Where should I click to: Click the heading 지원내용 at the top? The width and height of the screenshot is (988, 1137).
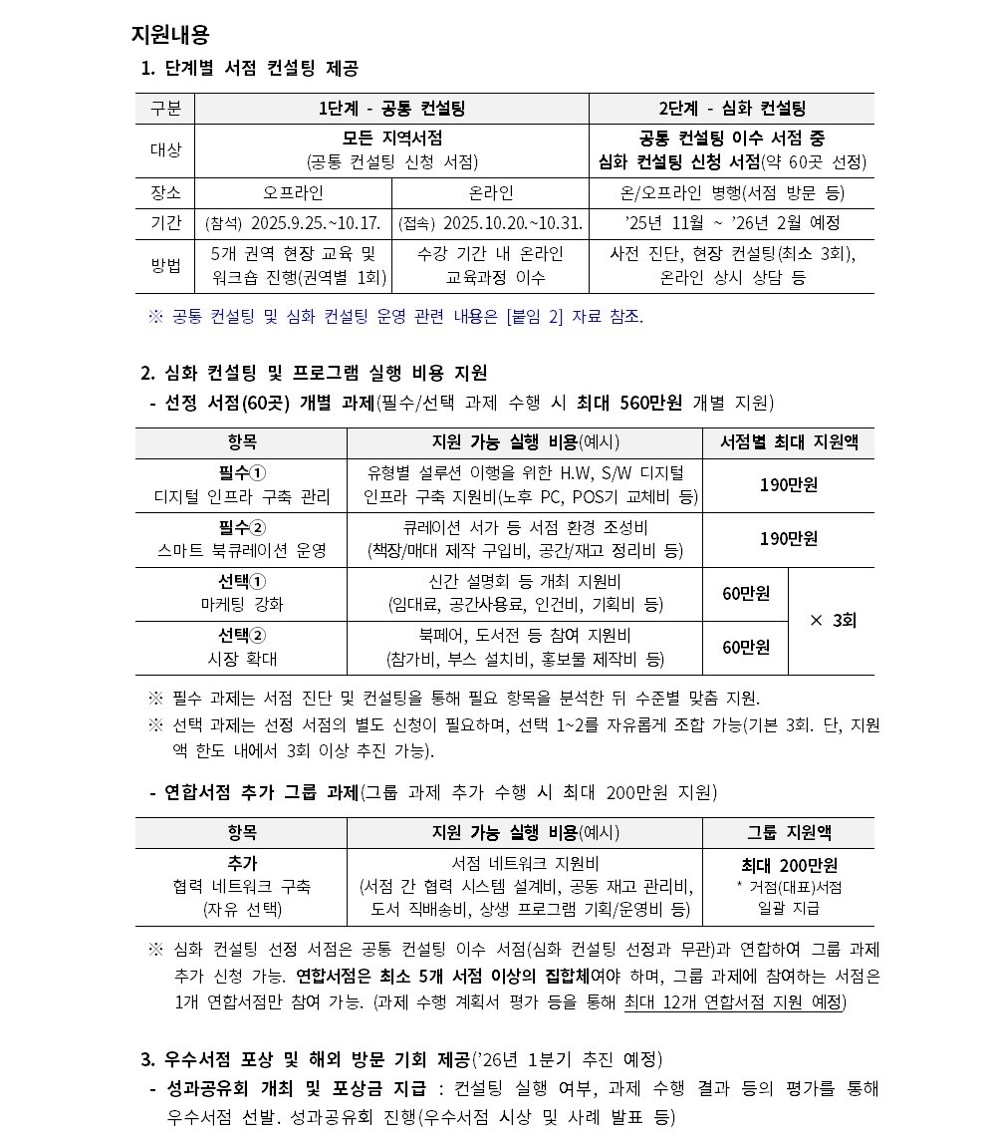pos(170,35)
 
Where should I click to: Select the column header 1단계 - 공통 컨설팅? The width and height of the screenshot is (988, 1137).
pos(390,109)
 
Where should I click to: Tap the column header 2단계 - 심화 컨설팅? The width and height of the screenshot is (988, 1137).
pos(732,109)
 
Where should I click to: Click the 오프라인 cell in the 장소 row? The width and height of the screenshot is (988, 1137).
pos(293,193)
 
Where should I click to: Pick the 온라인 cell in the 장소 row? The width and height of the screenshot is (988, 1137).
pos(490,193)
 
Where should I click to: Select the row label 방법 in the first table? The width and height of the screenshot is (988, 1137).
pos(164,266)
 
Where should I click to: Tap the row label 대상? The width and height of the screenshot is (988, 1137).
pos(164,150)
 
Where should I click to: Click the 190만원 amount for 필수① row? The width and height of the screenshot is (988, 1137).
pos(788,485)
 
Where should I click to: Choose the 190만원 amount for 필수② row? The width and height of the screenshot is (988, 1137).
pos(788,539)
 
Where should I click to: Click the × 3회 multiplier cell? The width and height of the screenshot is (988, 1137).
pos(832,620)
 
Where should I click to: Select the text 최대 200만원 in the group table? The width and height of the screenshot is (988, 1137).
pos(789,865)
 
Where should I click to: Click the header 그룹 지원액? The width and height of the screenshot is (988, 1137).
pos(789,832)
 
